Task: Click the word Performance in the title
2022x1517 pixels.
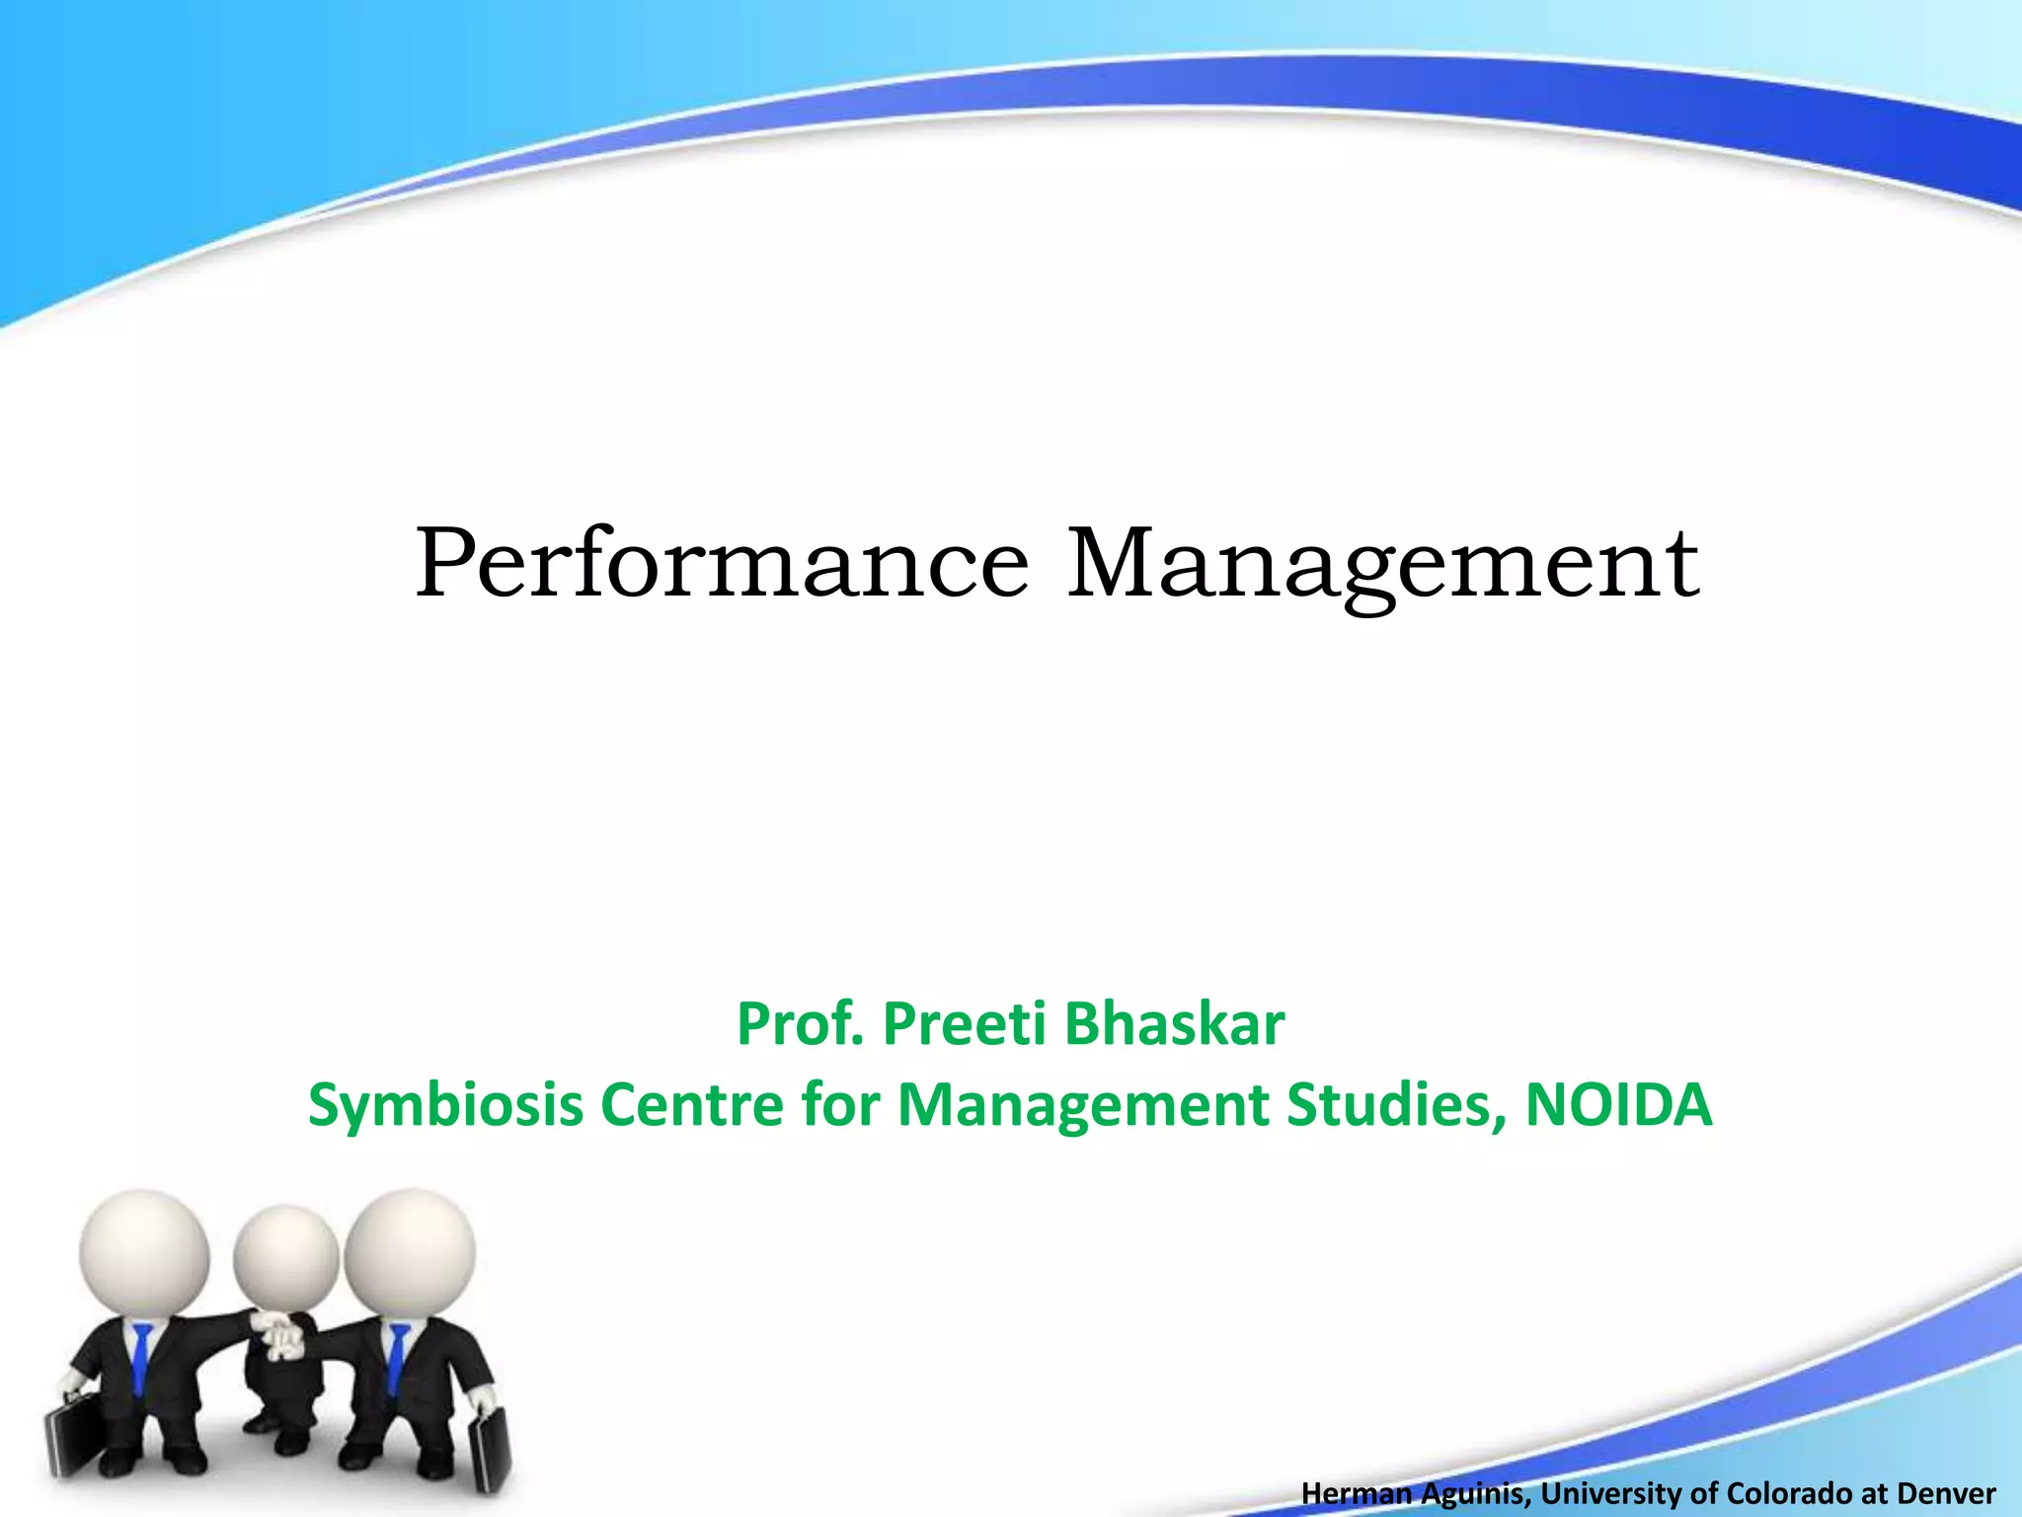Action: click(x=722, y=565)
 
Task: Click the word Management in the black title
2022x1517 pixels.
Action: click(x=1383, y=565)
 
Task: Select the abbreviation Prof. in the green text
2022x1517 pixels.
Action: click(x=800, y=1024)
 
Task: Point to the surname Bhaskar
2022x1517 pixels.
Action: click(x=1175, y=1024)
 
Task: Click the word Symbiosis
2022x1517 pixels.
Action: click(x=446, y=1105)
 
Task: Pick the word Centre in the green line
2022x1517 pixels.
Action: click(x=692, y=1105)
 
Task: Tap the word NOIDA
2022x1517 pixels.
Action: click(x=1619, y=1105)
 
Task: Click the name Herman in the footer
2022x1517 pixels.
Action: click(x=1357, y=1493)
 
